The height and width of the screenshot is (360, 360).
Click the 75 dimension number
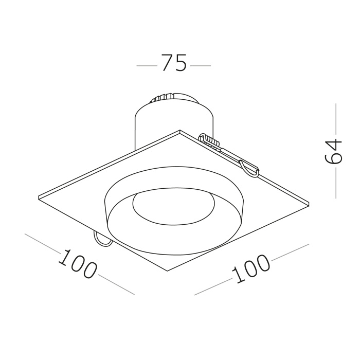pyautogui.click(x=173, y=63)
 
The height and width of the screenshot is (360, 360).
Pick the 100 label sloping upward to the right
pyautogui.click(x=252, y=269)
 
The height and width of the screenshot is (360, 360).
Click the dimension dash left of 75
pyautogui.click(x=147, y=66)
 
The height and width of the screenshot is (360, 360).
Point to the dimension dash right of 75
pyautogui.click(x=201, y=66)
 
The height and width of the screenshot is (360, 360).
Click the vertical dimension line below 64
pyautogui.click(x=336, y=183)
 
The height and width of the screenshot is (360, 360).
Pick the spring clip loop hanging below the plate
pyautogui.click(x=101, y=239)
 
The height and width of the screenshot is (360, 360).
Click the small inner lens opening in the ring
pyautogui.click(x=173, y=206)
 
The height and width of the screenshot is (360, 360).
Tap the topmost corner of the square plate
pyautogui.click(x=179, y=131)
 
